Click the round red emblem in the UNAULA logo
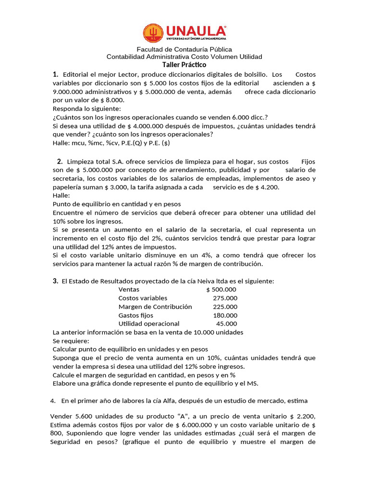[153, 33]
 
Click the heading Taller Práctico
[184, 65]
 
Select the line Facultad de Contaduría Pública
[184, 49]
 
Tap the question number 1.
[56, 74]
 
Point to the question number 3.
[56, 281]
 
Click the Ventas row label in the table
[129, 290]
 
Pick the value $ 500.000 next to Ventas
[221, 290]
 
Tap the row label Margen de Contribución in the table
[155, 307]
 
